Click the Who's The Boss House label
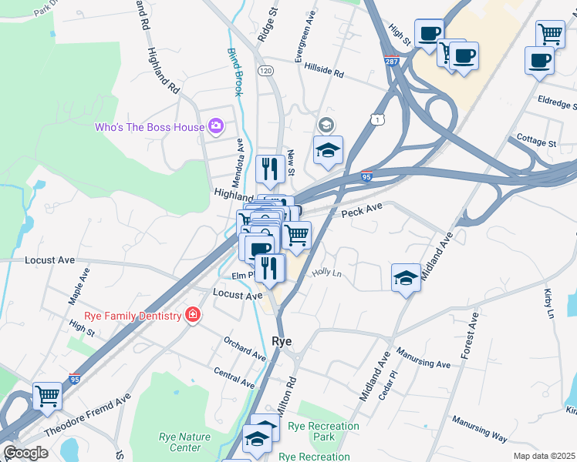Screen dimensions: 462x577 (150, 127)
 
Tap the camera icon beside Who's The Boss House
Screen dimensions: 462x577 (215, 126)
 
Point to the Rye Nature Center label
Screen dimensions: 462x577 (184, 442)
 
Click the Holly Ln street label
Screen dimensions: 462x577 (326, 273)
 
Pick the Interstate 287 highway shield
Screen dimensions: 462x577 (393, 60)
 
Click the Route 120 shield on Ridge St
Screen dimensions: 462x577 (265, 71)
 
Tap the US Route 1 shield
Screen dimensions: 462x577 (376, 118)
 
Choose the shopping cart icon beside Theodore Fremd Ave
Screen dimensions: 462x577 (48, 396)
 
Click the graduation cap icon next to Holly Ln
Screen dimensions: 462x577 (406, 277)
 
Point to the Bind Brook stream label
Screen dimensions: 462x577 (235, 72)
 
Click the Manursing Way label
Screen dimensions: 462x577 (479, 430)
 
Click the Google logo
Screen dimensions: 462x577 (25, 453)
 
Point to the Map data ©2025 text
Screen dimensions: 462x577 (543, 456)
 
